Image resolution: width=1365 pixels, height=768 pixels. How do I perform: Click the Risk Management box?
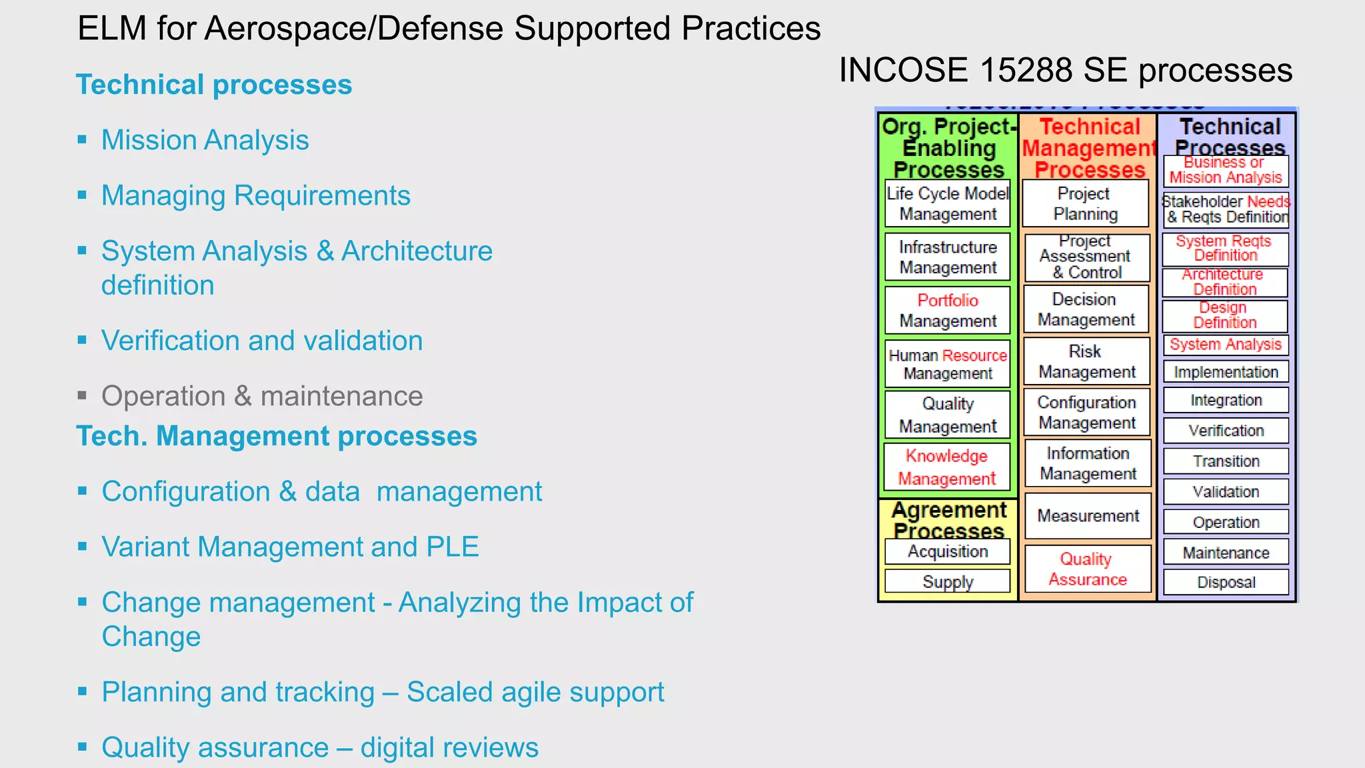coord(1086,361)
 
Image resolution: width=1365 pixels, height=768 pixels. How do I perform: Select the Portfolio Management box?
coord(947,310)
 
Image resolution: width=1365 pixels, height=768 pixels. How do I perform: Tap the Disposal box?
coord(1226,582)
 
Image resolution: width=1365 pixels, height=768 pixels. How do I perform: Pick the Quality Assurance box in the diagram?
coord(1087,569)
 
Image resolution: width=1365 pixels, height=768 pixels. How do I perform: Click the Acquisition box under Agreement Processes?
coord(947,551)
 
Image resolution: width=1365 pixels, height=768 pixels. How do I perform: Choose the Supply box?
coord(947,581)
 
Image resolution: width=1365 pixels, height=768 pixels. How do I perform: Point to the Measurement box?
coord(1088,515)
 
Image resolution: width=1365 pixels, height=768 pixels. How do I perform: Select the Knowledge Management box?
coord(947,467)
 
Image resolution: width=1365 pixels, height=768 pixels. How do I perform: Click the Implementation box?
coord(1226,372)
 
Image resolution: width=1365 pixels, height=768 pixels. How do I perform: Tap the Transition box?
coord(1226,461)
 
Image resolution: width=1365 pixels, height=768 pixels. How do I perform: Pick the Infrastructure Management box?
coord(947,257)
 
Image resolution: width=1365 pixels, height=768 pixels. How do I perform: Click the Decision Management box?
coord(1086,309)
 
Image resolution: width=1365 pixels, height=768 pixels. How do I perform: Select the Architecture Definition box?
coord(1224,282)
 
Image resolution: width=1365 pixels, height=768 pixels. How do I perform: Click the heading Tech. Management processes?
coord(277,436)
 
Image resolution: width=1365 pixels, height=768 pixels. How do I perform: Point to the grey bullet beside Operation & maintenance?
coord(82,396)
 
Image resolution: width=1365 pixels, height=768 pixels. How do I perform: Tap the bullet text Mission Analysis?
coord(205,140)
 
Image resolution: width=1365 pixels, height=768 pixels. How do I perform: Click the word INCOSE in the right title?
coord(904,70)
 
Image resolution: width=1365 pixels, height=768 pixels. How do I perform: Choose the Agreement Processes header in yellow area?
coord(948,520)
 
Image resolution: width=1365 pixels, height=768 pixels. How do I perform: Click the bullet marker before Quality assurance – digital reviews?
coord(82,747)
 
